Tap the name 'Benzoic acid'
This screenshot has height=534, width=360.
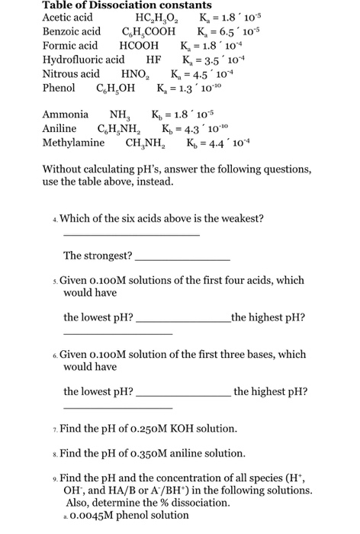[71, 32]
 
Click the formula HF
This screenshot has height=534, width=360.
[153, 60]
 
